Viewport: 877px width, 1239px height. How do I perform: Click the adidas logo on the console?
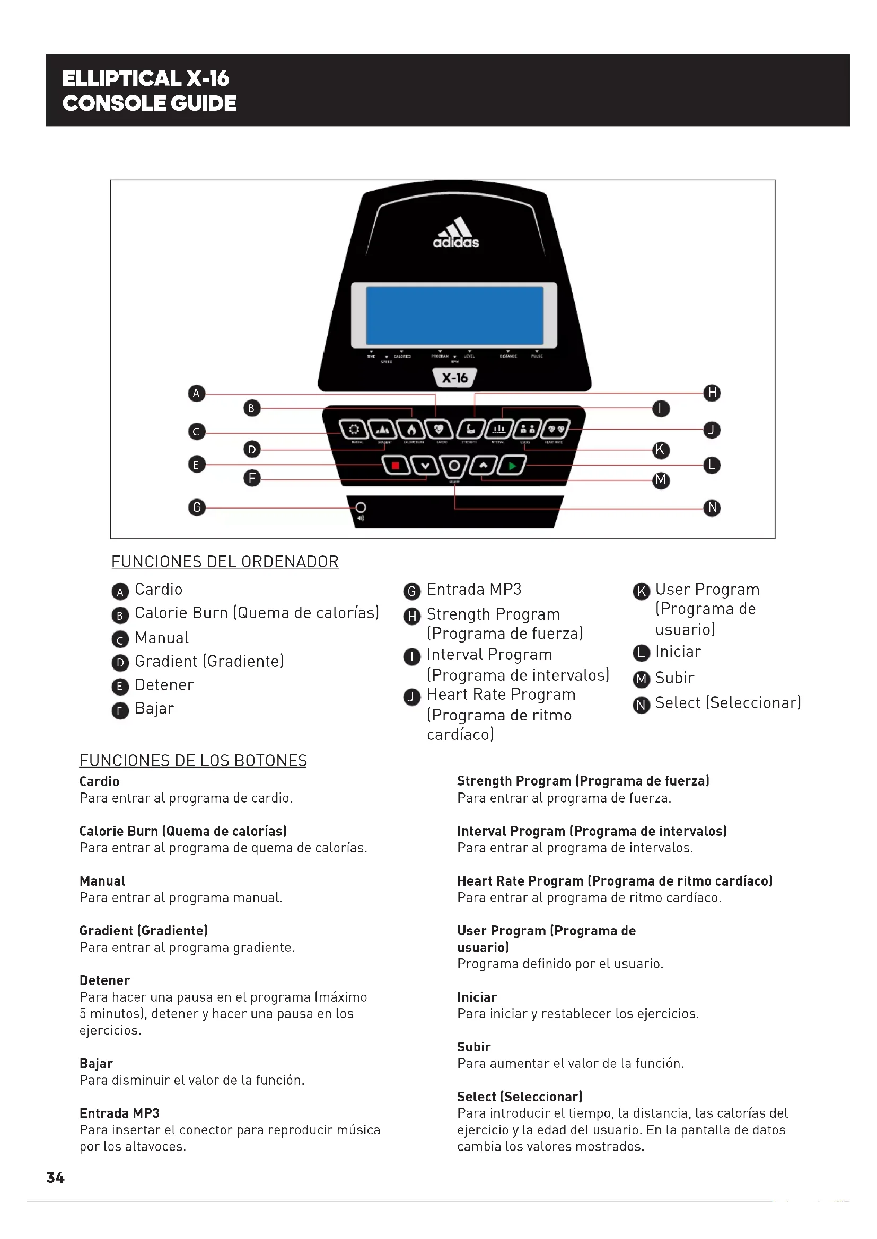(456, 233)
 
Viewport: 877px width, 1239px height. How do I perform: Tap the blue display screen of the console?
(455, 316)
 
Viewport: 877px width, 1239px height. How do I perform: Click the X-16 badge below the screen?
(455, 378)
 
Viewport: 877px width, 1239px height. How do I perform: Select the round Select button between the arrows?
(454, 466)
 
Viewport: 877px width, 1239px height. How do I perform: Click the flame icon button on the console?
(411, 430)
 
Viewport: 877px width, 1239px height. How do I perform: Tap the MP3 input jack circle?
(361, 507)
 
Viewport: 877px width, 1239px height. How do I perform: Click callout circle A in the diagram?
(197, 393)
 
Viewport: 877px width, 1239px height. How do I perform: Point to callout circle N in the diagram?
(712, 508)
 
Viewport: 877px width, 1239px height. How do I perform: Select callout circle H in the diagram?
(712, 393)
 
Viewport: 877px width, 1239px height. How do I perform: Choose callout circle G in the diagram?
(197, 507)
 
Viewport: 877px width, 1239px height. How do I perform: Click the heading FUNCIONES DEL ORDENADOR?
(225, 561)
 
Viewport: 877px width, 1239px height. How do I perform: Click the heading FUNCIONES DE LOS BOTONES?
(193, 761)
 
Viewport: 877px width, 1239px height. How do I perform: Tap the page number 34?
(56, 1178)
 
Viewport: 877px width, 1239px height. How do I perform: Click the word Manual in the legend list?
(162, 638)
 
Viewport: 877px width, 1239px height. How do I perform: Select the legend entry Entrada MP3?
(473, 589)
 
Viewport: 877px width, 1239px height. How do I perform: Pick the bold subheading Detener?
(105, 980)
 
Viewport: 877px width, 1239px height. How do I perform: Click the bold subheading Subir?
(473, 1047)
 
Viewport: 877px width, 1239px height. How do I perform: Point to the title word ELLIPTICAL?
(121, 79)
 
